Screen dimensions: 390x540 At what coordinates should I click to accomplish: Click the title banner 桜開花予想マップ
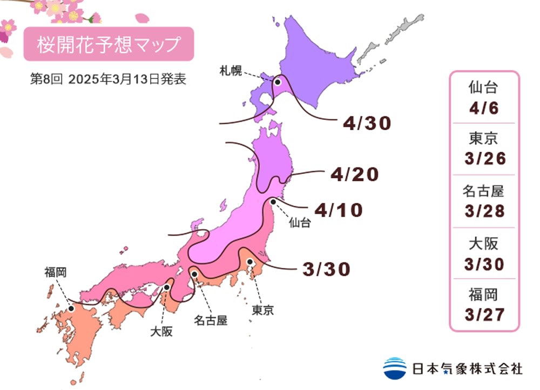[108, 44]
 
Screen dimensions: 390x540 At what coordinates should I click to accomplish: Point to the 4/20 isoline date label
[354, 174]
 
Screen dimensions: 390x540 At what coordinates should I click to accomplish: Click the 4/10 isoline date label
[339, 210]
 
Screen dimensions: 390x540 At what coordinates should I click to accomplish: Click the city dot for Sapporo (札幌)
[278, 82]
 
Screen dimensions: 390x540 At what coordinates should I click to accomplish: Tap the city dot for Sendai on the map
[273, 202]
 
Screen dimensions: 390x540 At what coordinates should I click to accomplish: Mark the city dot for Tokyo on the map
[250, 262]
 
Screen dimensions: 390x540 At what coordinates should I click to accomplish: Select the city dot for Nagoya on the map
[193, 274]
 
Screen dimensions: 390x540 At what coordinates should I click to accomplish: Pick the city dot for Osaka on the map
[167, 287]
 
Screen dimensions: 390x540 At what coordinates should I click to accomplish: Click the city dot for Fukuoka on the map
[71, 309]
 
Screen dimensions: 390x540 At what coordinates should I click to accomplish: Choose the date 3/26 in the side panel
[484, 158]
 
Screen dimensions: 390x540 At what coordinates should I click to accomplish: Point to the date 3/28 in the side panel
[484, 210]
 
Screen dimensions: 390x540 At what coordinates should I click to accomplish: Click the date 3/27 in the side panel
[484, 314]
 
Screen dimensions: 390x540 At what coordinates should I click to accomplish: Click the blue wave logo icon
[395, 368]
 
